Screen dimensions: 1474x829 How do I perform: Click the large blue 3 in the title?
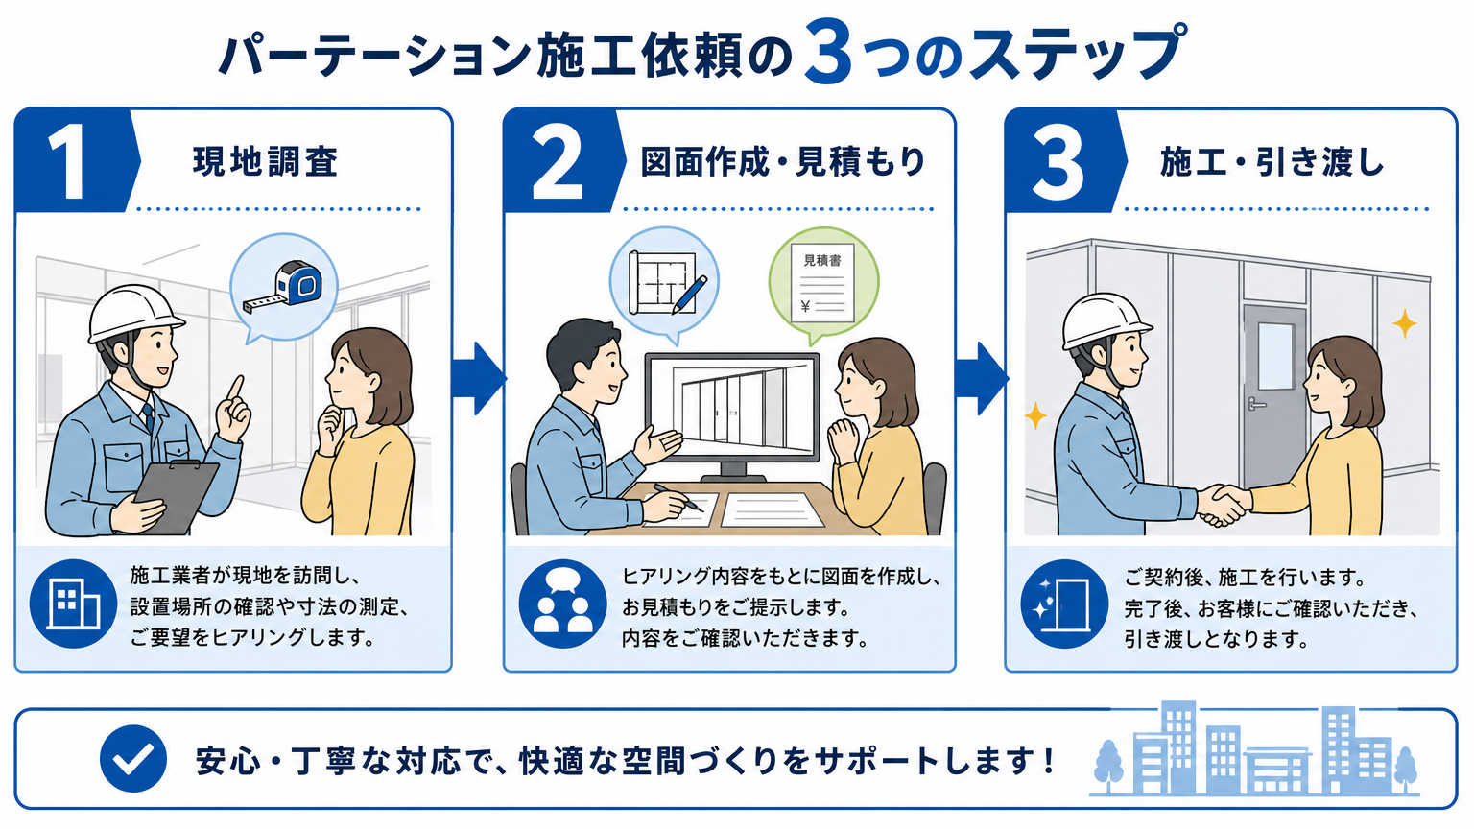(828, 53)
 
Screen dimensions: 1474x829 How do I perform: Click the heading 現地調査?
(265, 162)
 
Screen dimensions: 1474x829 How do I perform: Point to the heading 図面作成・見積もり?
(783, 162)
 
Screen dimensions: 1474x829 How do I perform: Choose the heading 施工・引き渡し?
(1272, 162)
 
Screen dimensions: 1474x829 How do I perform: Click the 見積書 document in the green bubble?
(822, 283)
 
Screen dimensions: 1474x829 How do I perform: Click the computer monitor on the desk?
(732, 415)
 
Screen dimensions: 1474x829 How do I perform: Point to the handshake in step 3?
(1223, 505)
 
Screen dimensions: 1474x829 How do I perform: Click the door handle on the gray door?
(1255, 403)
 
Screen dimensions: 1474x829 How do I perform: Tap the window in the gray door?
(1275, 356)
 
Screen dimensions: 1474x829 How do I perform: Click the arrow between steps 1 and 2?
(479, 378)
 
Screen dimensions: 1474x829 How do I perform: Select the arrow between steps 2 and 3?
(981, 378)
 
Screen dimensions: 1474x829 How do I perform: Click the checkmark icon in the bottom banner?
(133, 758)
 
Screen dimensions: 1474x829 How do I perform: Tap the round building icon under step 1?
(74, 604)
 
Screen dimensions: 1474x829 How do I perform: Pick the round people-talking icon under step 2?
(563, 604)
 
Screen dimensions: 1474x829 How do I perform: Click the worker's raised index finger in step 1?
(234, 389)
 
